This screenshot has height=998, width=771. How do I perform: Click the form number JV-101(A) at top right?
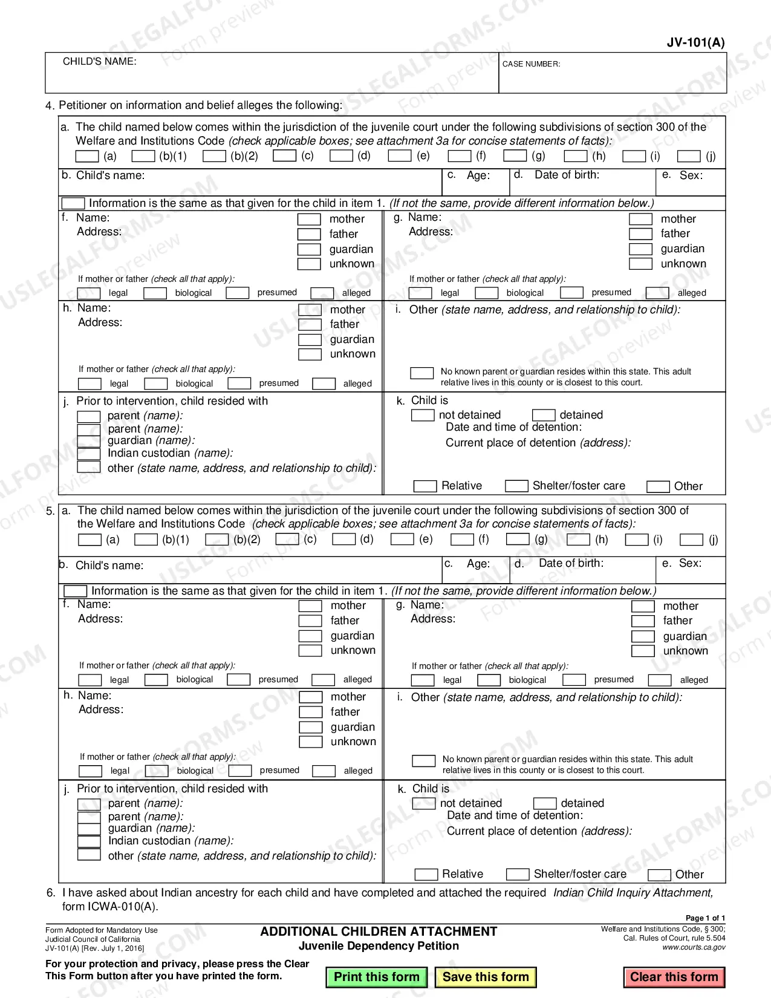tap(695, 42)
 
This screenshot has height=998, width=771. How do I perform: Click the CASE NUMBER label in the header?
tap(531, 64)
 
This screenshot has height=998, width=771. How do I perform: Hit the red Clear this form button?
tap(674, 977)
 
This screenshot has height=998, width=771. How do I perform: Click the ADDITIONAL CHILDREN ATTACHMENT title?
tap(379, 931)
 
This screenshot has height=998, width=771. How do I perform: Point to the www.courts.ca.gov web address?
tap(694, 947)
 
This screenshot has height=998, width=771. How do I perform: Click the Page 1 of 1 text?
tap(705, 918)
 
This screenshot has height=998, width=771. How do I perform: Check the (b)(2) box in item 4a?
tap(214, 156)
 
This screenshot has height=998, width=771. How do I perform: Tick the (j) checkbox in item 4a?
tap(688, 156)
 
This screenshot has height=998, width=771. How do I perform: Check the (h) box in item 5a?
tap(578, 539)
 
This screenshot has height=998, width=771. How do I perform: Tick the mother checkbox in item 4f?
tap(309, 219)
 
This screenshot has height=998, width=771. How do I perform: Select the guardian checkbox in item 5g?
tap(643, 636)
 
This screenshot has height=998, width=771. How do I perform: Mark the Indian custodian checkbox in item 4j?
tap(89, 454)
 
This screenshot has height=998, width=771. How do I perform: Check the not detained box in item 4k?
tap(422, 416)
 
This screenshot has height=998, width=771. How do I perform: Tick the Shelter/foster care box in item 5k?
tap(518, 874)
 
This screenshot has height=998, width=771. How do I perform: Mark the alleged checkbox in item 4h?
tap(324, 383)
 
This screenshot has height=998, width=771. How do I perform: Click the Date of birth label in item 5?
tap(570, 563)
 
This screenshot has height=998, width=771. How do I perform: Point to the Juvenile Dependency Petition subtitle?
tap(379, 946)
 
